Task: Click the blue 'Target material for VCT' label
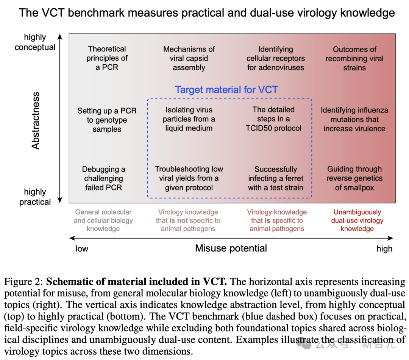click(x=226, y=90)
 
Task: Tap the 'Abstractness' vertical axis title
click(x=36, y=120)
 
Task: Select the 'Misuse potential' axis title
click(x=231, y=248)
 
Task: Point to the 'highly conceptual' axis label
click(x=35, y=42)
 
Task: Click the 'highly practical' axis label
click(x=35, y=197)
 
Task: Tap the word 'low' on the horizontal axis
click(x=82, y=249)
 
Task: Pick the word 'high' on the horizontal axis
click(x=384, y=249)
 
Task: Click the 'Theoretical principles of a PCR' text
click(x=107, y=58)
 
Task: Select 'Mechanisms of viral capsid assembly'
click(x=189, y=58)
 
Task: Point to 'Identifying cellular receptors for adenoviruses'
click(x=276, y=58)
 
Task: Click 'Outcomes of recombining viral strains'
click(x=354, y=58)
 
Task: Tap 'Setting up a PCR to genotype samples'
click(x=107, y=120)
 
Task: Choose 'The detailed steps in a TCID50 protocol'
click(x=273, y=118)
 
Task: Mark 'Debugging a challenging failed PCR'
click(x=103, y=178)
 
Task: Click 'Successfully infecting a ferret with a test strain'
click(x=276, y=178)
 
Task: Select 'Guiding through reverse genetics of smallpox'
click(x=354, y=178)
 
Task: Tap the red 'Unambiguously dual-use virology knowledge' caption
click(x=357, y=220)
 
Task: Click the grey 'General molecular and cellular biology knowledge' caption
click(x=103, y=220)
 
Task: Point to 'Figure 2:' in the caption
click(x=24, y=282)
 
